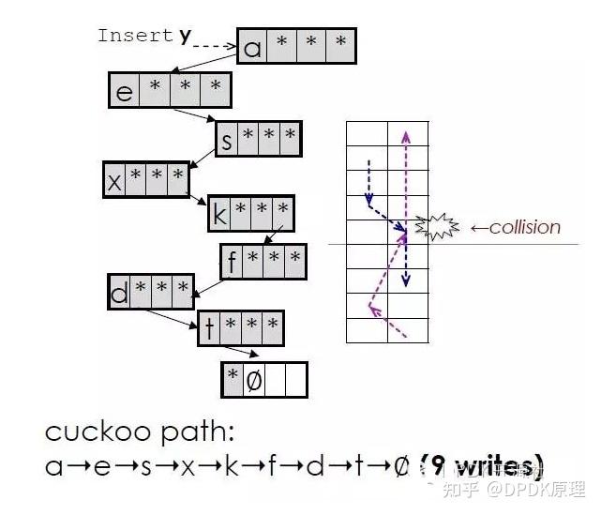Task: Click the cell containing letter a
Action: pos(252,45)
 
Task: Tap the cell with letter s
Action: pos(227,140)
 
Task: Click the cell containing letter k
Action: pos(220,215)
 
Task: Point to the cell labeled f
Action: pos(232,262)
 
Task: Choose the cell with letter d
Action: pos(120,294)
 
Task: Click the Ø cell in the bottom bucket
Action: pos(253,380)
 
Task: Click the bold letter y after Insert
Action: pos(185,36)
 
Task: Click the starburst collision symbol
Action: pos(438,226)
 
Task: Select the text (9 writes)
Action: pos(482,465)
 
